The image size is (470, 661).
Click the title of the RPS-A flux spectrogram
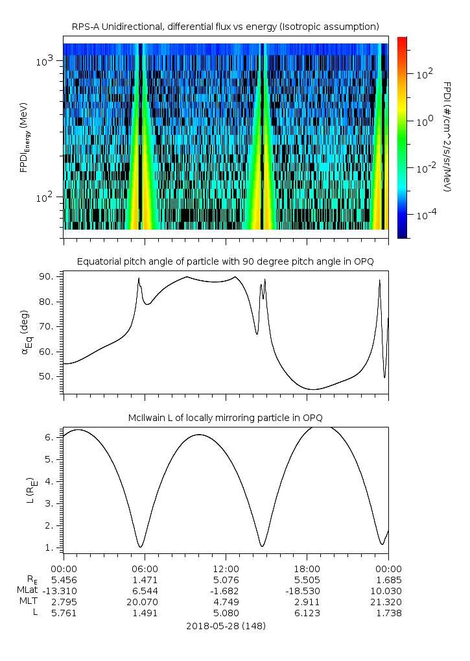pyautogui.click(x=225, y=26)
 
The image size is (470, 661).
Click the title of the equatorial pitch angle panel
pyautogui.click(x=225, y=261)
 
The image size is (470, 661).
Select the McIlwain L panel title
pyautogui.click(x=225, y=416)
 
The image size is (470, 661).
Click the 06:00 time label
pyautogui.click(x=145, y=568)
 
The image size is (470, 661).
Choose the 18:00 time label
pyautogui.click(x=307, y=568)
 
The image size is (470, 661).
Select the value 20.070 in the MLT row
pyautogui.click(x=145, y=601)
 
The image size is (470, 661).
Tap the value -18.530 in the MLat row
pyautogui.click(x=307, y=590)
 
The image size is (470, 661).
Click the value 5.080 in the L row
pyautogui.click(x=226, y=612)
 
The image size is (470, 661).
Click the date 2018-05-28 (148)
pyautogui.click(x=226, y=626)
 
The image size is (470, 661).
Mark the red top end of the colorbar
pyautogui.click(x=402, y=40)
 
